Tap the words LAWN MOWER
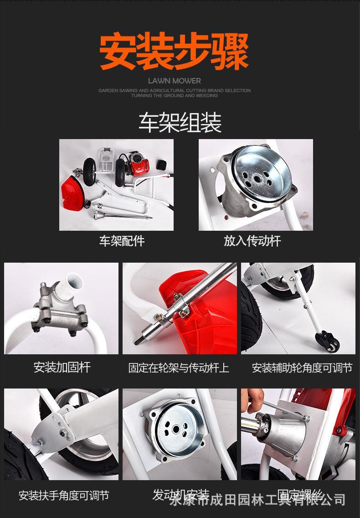coord(175,81)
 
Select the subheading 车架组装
coord(180,122)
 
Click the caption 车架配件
coord(122,241)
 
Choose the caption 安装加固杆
coord(62,367)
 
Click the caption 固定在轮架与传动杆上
coord(179,368)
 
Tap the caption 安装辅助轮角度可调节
coord(302,368)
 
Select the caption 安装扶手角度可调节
coord(64,495)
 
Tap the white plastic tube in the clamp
coord(73,283)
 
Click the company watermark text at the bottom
coord(257,500)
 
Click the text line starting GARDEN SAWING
coord(175,90)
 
